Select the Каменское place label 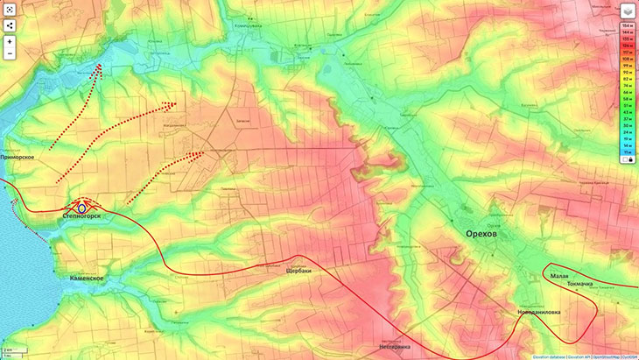pyautogui.click(x=88, y=278)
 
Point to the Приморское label pyautogui.click(x=18, y=156)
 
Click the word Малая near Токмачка pyautogui.click(x=559, y=276)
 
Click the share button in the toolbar pyautogui.click(x=10, y=25)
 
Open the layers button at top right pyautogui.click(x=628, y=11)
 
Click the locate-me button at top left pyautogui.click(x=10, y=9)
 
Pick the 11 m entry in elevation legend pyautogui.click(x=628, y=152)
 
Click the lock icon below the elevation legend pyautogui.click(x=630, y=160)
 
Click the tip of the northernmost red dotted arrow pyautogui.click(x=102, y=64)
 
